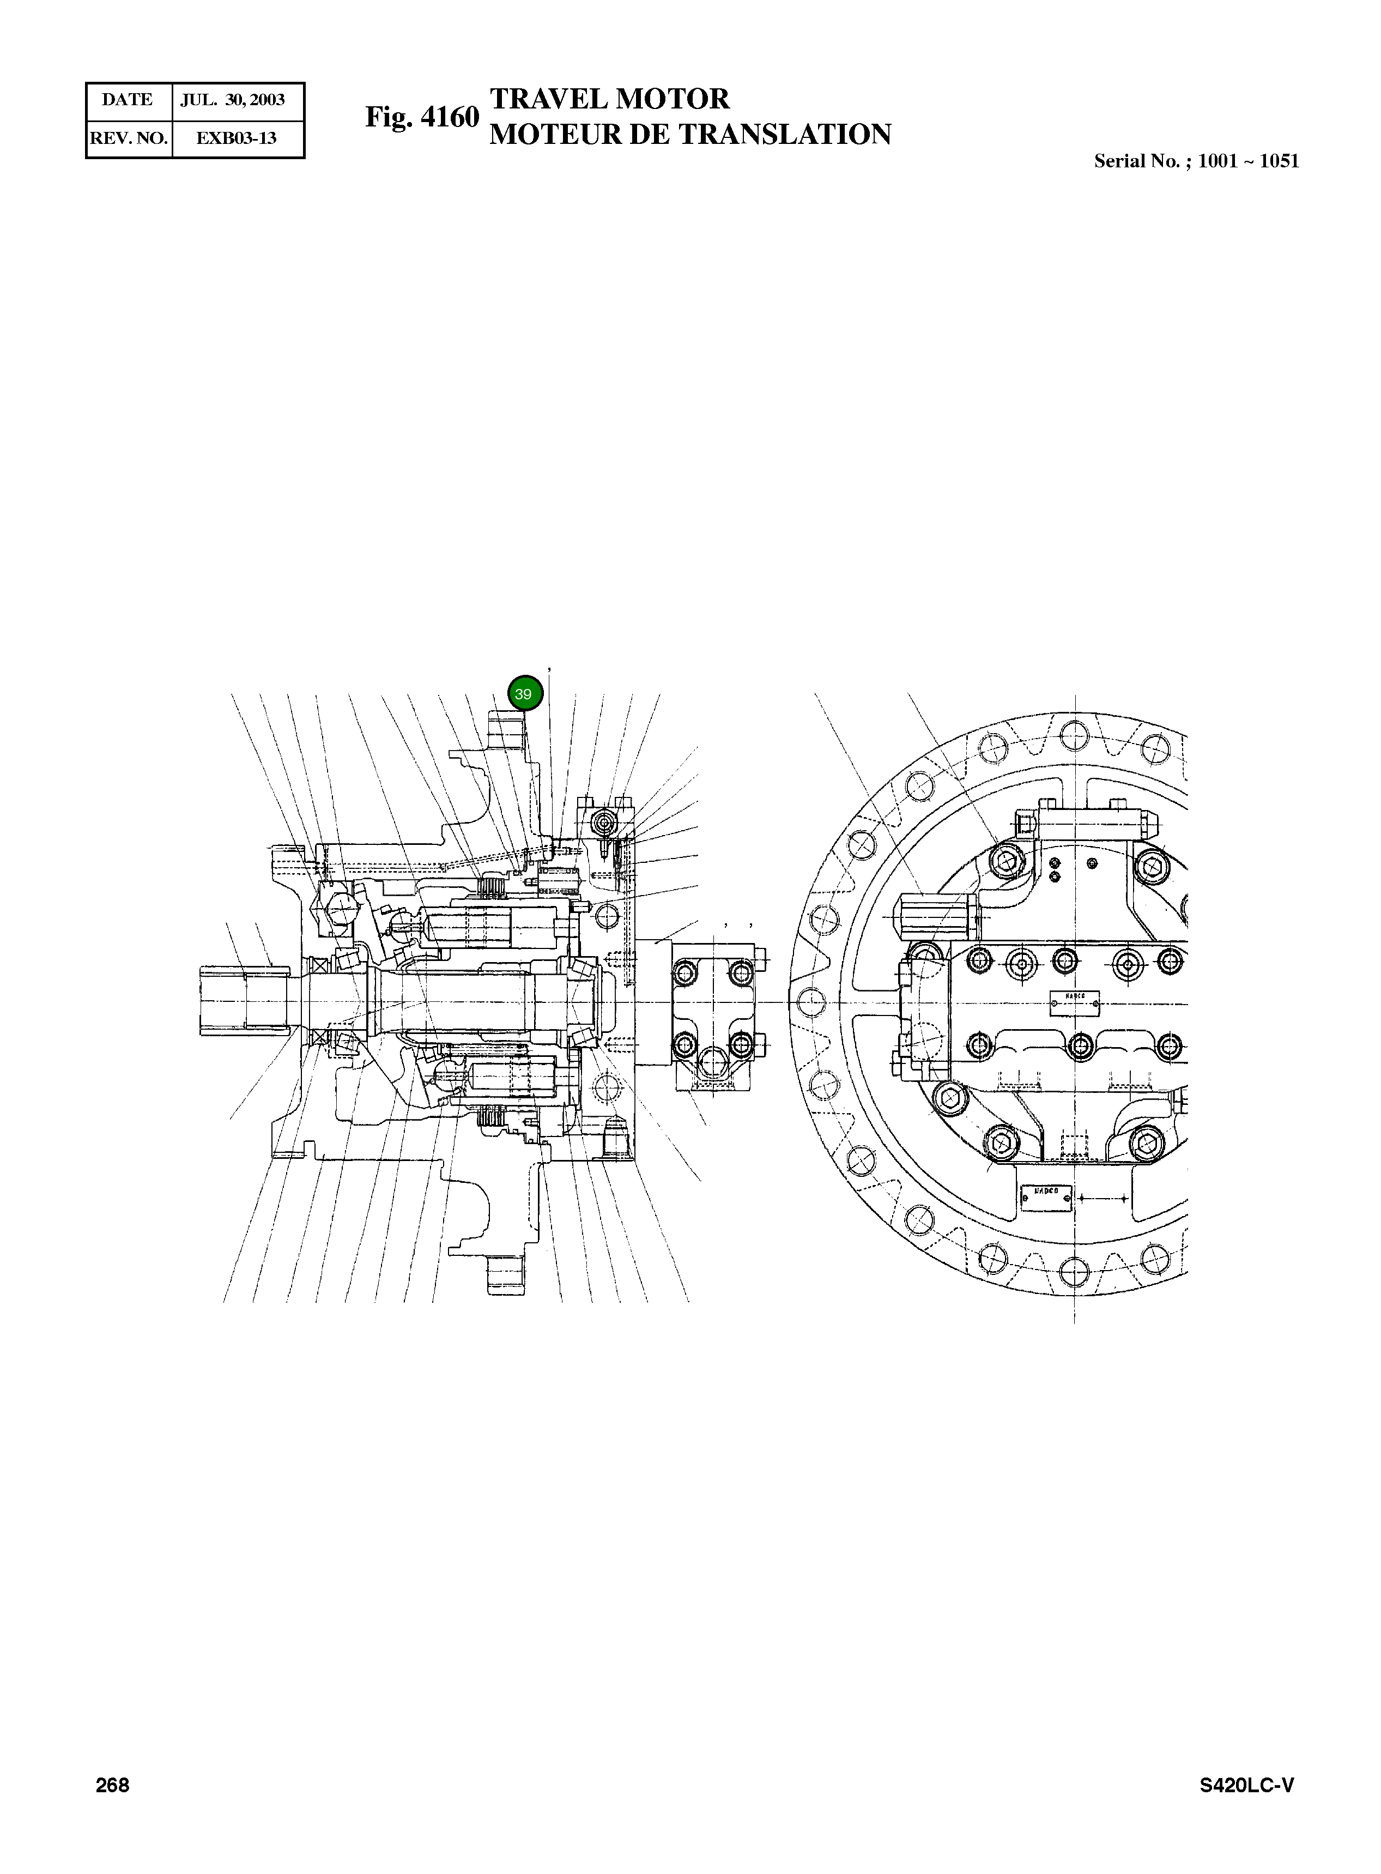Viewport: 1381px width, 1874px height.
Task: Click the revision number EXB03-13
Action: pos(236,138)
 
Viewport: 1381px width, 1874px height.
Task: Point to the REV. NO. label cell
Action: pos(129,138)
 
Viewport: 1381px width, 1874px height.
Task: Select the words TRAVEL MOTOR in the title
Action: pos(609,99)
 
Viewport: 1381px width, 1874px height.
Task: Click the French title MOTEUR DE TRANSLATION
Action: pos(689,135)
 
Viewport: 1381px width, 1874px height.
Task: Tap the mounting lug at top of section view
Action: pos(507,732)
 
